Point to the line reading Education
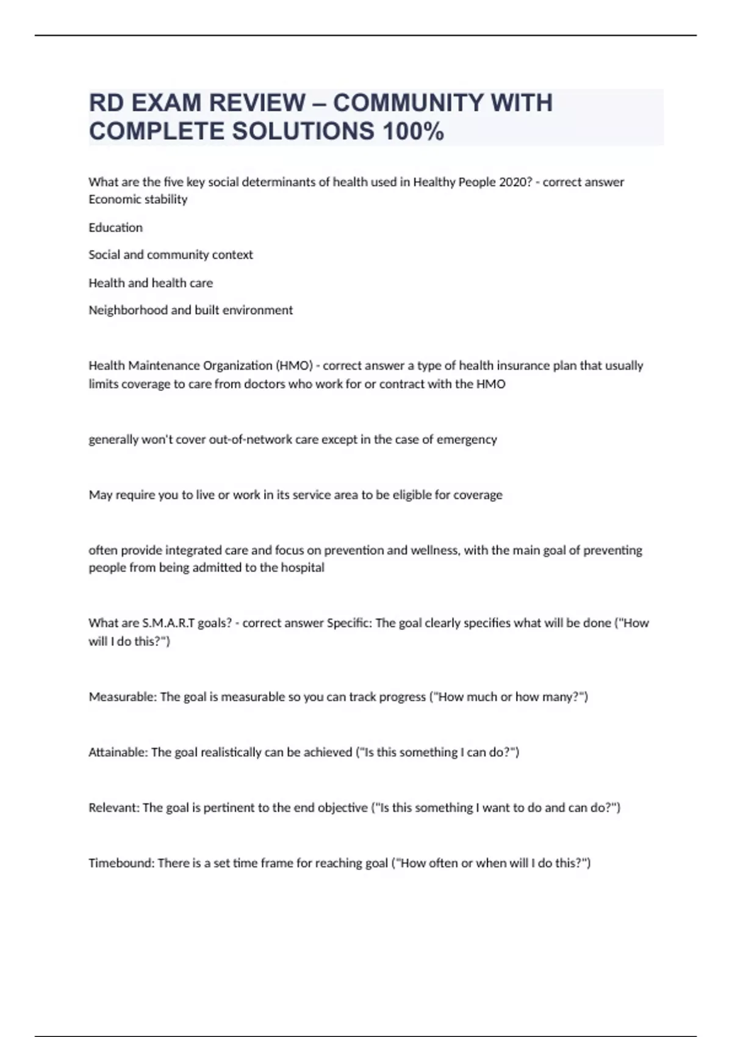click(x=116, y=228)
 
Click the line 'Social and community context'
click(x=171, y=254)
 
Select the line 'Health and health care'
click(x=151, y=282)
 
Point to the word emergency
click(x=467, y=439)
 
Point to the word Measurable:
click(x=123, y=697)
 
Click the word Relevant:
click(x=114, y=808)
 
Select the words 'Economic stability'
click(x=138, y=199)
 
